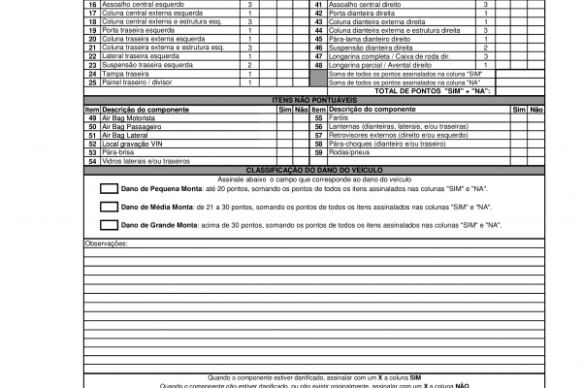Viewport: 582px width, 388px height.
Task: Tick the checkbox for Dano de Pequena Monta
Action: click(x=110, y=188)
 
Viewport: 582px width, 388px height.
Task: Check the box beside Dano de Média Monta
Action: click(x=110, y=208)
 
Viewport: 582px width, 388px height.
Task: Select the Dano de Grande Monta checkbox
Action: click(x=110, y=225)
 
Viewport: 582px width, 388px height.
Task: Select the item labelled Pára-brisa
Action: click(x=118, y=152)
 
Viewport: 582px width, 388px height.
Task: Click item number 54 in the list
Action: click(x=92, y=161)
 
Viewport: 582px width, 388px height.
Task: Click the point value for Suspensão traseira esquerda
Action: click(x=249, y=65)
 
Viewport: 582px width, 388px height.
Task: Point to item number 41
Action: click(x=318, y=4)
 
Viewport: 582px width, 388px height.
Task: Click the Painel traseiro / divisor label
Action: click(x=137, y=82)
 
